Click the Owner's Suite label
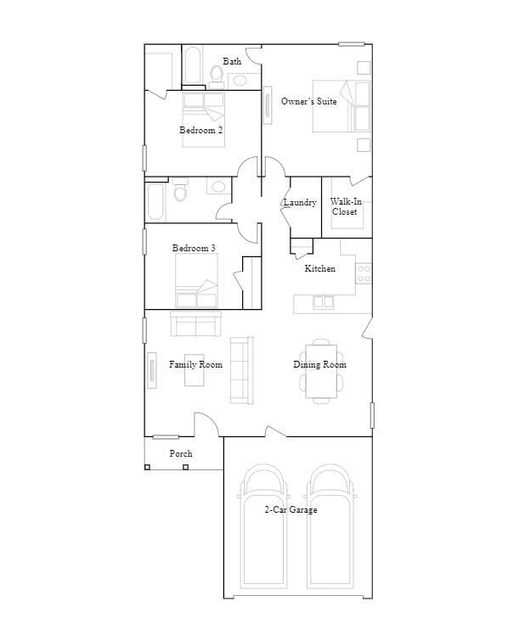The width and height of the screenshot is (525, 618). tap(308, 102)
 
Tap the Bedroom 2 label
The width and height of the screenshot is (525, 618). tap(200, 131)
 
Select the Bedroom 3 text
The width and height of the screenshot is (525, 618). tap(194, 249)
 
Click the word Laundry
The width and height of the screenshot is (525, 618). tap(300, 203)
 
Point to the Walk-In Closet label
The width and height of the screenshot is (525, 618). tap(345, 207)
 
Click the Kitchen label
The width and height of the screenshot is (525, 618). tap(320, 269)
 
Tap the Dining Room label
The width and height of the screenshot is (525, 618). tap(320, 365)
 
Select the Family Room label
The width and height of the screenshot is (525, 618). tap(195, 365)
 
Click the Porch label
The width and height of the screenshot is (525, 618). tap(181, 454)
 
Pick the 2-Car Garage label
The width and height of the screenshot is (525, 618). tap(291, 510)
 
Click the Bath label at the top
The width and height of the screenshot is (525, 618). tap(232, 62)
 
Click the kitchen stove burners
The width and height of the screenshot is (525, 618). tap(364, 273)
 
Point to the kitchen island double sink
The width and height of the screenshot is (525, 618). tap(323, 301)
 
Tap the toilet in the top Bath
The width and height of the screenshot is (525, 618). tap(216, 77)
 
